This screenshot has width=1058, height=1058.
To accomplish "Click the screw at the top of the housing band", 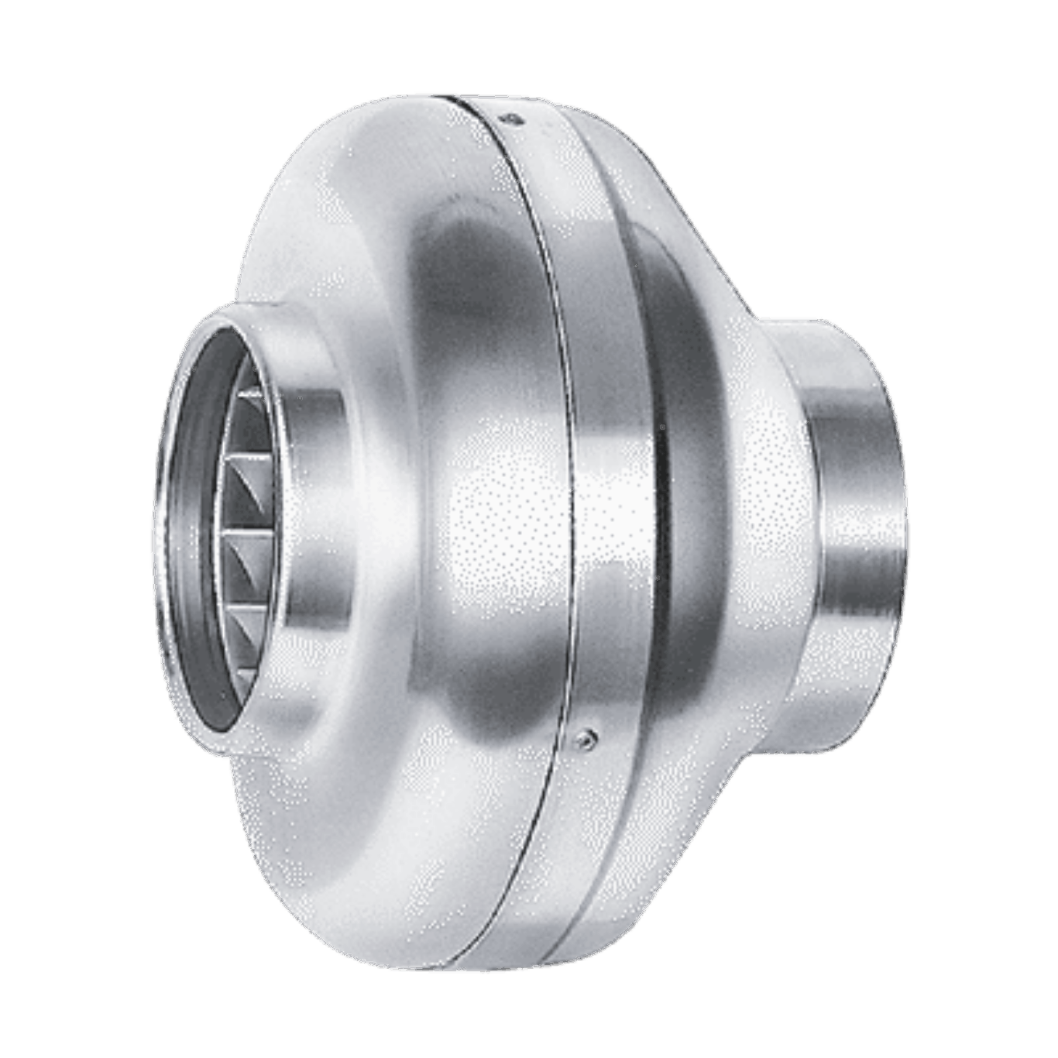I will [511, 119].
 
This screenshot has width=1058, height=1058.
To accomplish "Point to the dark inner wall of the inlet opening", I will [194, 534].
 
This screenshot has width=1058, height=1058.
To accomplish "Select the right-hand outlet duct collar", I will [852, 534].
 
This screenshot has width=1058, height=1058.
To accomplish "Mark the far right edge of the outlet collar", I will [905, 534].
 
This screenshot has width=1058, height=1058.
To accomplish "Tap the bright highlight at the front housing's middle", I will [496, 511].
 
